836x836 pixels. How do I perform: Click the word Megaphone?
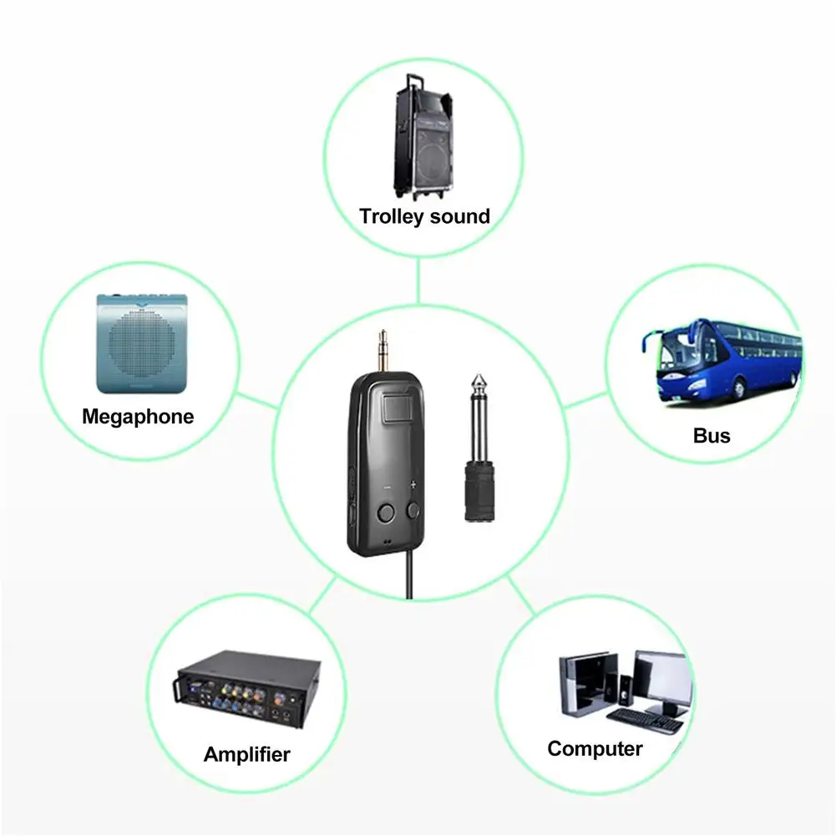click(x=138, y=416)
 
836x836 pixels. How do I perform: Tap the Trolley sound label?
click(x=424, y=216)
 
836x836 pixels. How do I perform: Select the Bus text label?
click(x=712, y=435)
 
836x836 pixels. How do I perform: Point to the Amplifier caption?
click(x=246, y=754)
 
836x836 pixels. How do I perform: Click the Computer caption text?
click(x=595, y=747)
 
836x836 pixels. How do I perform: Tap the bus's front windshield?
click(x=677, y=352)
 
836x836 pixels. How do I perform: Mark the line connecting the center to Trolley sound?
click(x=418, y=280)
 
